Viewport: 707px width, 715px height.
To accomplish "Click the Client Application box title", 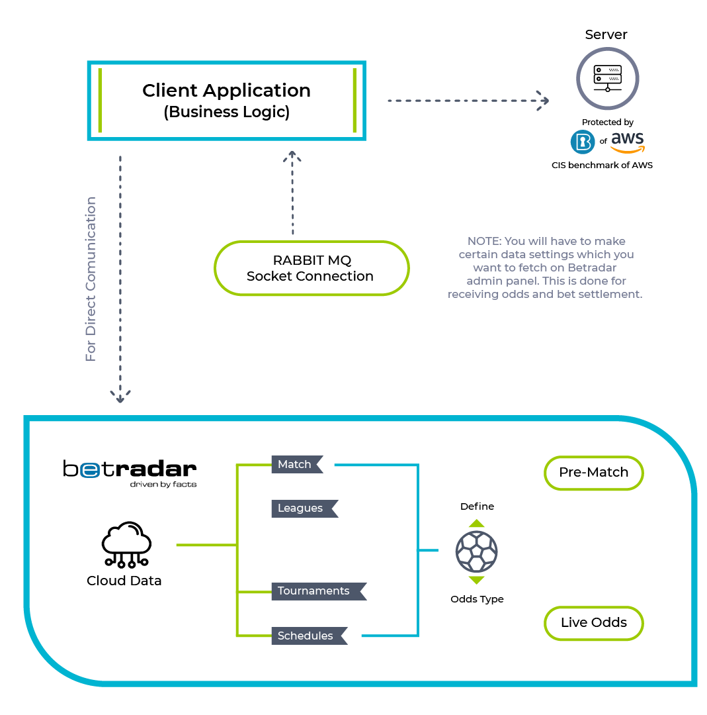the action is [226, 90].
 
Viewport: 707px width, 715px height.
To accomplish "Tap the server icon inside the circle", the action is [608, 78].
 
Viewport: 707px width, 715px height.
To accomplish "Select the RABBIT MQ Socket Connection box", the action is [312, 268].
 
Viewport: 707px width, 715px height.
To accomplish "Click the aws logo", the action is [628, 142].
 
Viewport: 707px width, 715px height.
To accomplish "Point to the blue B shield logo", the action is [583, 142].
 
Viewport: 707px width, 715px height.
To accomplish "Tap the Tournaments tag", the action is [319, 591].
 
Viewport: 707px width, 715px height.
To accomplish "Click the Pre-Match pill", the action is [593, 473].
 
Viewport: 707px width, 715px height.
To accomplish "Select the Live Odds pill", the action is [593, 623].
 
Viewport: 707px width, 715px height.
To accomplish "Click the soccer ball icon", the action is [476, 551].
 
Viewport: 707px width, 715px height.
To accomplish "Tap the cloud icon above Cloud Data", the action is [126, 544].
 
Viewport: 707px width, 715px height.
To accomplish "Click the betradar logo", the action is [130, 473].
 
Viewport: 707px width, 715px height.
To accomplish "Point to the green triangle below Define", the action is [476, 523].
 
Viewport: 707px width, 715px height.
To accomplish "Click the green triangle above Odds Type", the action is [476, 580].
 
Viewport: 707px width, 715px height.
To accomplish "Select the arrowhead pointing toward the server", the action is [543, 101].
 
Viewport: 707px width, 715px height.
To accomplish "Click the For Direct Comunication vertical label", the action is [91, 279].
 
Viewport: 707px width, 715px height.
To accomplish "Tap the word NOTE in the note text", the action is [483, 241].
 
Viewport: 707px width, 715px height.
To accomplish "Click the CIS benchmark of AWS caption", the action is [602, 165].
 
